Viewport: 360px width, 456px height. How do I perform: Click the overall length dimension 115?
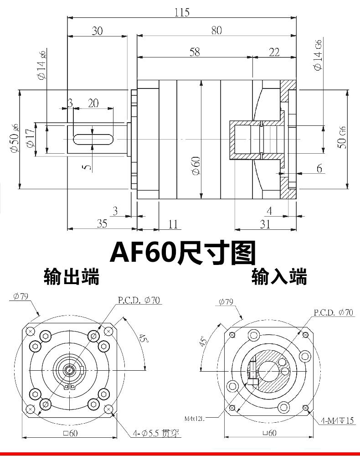pyautogui.click(x=182, y=12)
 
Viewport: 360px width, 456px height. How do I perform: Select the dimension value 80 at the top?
pyautogui.click(x=216, y=30)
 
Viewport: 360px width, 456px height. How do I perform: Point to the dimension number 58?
pyautogui.click(x=194, y=52)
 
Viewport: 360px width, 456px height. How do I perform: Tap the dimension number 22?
pyautogui.click(x=274, y=52)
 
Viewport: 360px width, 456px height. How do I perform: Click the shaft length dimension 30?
pyautogui.click(x=97, y=31)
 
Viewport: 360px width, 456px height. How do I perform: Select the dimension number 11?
pyautogui.click(x=173, y=223)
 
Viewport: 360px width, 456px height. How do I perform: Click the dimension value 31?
pyautogui.click(x=265, y=223)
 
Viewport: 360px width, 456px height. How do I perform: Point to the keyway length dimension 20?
pyautogui.click(x=93, y=103)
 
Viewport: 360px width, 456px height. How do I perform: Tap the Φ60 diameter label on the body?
pyautogui.click(x=195, y=165)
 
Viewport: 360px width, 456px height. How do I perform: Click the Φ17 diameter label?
pyautogui.click(x=31, y=139)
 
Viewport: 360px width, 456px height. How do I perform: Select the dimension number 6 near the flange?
pyautogui.click(x=319, y=168)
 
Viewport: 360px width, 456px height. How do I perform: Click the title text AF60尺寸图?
pyautogui.click(x=183, y=253)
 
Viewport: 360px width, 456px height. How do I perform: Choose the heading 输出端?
pyautogui.click(x=71, y=276)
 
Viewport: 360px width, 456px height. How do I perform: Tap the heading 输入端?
pyautogui.click(x=279, y=276)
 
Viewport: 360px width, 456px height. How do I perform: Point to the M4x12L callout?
pyautogui.click(x=195, y=418)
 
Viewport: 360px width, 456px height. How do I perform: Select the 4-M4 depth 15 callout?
pyautogui.click(x=337, y=420)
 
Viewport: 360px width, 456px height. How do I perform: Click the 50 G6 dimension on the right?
pyautogui.click(x=343, y=136)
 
